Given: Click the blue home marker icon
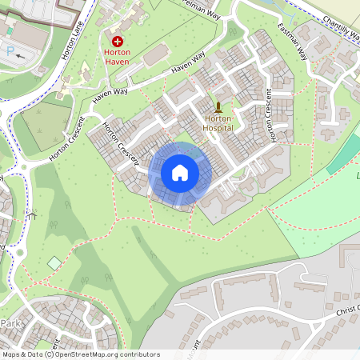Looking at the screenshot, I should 180,172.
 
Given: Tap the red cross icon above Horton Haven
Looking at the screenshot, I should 118,41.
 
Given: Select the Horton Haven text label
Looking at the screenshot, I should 117,57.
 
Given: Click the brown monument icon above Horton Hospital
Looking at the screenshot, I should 218,106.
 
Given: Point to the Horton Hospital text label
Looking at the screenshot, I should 218,122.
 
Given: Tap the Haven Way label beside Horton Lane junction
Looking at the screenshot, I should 110,94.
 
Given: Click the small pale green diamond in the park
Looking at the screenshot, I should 54,263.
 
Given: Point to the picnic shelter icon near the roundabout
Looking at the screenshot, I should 32,214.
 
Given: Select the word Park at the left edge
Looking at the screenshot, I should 10,323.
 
